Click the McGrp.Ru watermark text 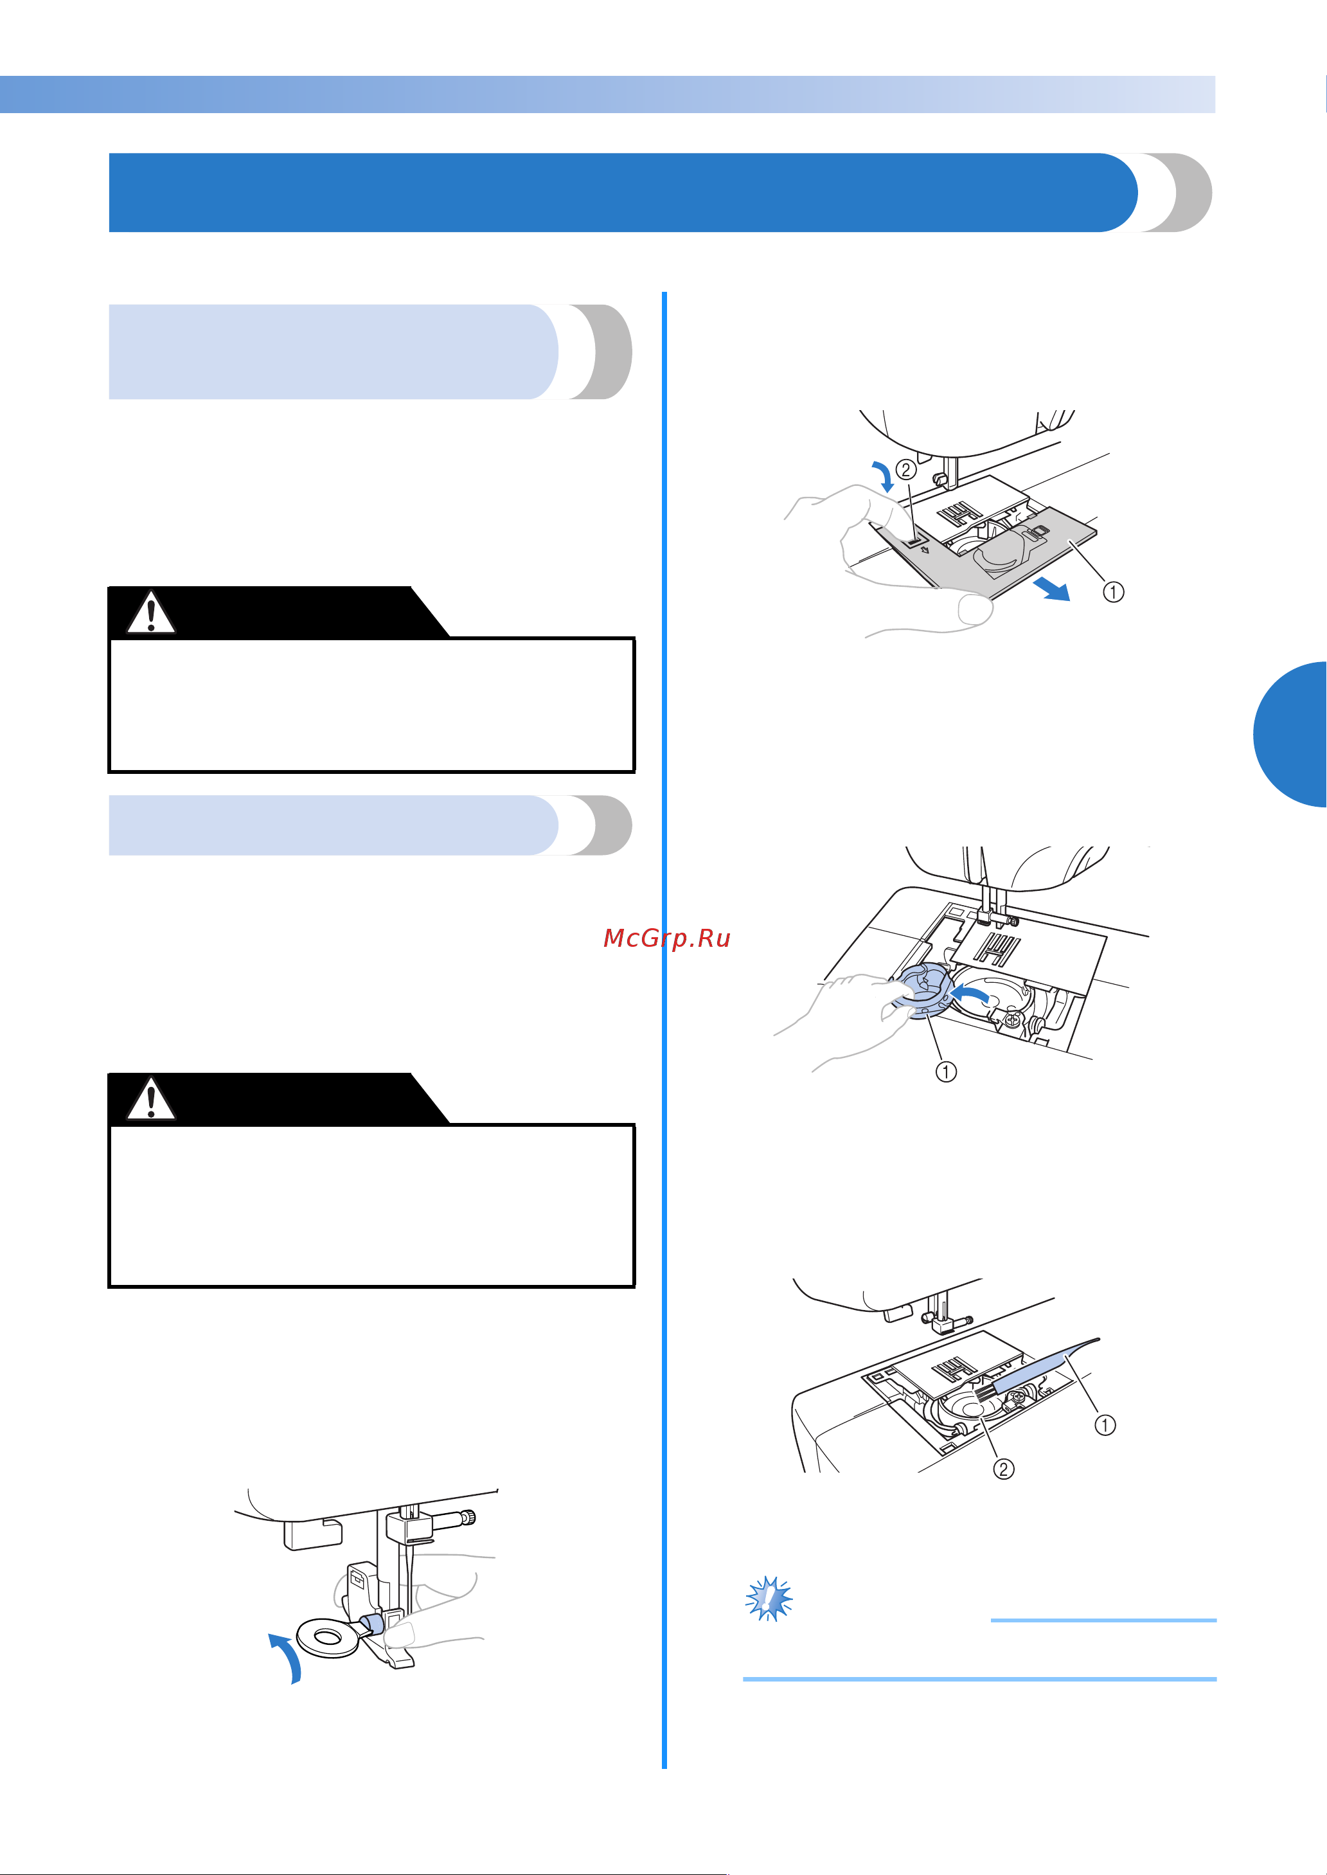point(667,938)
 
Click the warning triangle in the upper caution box point(151,613)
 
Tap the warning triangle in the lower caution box point(151,1099)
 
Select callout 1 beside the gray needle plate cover point(1113,591)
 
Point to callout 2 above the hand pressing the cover point(905,470)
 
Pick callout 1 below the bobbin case point(945,1071)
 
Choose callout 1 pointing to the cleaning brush point(1105,1426)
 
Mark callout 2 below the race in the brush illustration point(1003,1469)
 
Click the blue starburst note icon point(769,1599)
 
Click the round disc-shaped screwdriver point(328,1637)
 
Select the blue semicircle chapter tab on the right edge point(1290,734)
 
